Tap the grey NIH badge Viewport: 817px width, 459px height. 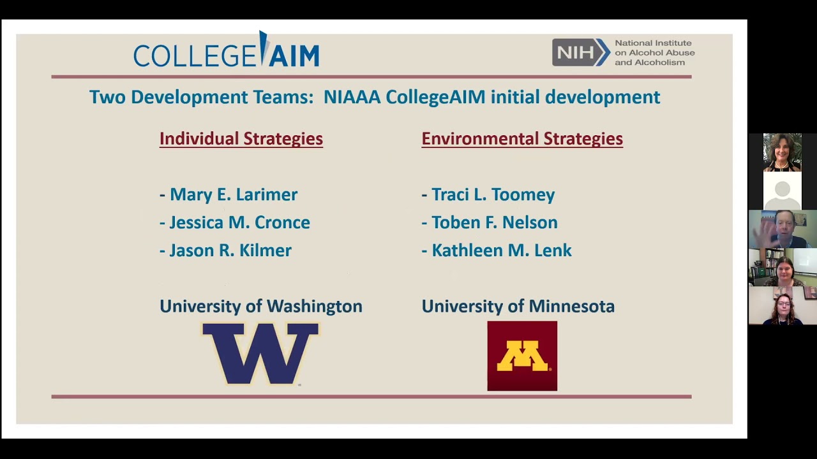click(x=581, y=52)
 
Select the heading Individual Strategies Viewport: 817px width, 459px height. click(x=241, y=139)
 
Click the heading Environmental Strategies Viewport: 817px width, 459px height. click(x=522, y=139)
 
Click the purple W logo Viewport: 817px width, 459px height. click(x=260, y=354)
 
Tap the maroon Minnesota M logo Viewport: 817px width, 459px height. click(x=522, y=356)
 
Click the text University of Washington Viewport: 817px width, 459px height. click(x=261, y=307)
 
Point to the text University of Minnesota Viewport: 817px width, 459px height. click(x=518, y=307)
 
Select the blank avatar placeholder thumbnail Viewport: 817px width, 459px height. click(x=783, y=191)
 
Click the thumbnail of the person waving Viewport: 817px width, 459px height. click(x=783, y=229)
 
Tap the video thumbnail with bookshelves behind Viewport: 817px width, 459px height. click(x=783, y=267)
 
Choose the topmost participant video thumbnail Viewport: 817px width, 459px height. click(x=783, y=152)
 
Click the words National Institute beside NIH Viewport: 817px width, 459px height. click(x=653, y=43)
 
